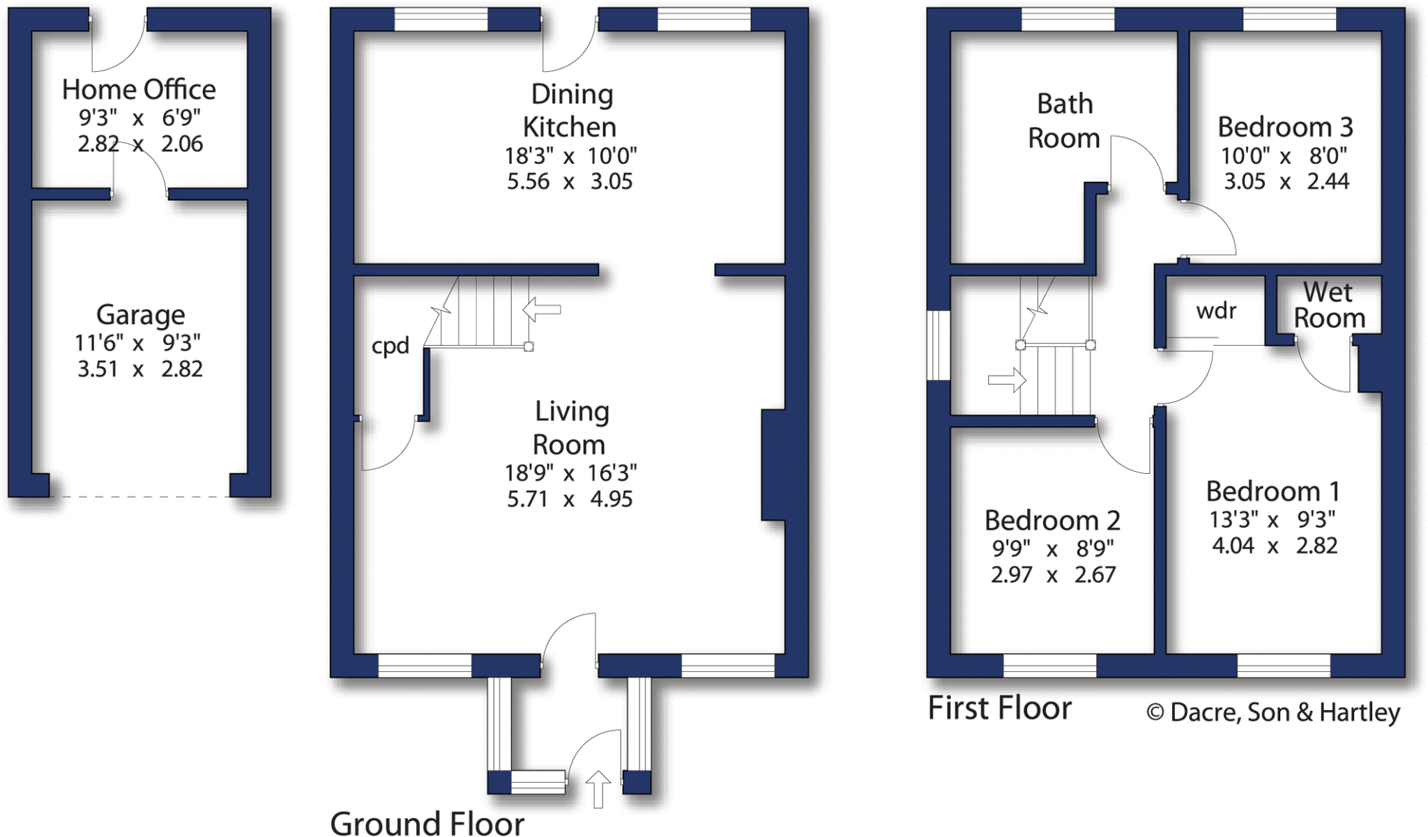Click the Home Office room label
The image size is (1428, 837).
point(139,89)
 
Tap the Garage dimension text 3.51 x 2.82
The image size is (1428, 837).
point(139,369)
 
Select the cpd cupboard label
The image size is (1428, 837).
point(390,346)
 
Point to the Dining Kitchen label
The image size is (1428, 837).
point(570,110)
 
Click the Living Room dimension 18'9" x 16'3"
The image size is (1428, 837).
point(570,473)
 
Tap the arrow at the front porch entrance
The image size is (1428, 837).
point(598,789)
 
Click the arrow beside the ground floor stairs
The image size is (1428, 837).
point(542,309)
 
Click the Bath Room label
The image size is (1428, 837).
point(1064,121)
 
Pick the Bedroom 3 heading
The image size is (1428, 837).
point(1285,127)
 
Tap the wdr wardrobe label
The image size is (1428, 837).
point(1216,310)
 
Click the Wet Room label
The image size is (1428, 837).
point(1329,305)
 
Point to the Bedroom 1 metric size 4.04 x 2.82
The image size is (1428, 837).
point(1274,546)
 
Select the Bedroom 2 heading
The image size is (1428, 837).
point(1051,520)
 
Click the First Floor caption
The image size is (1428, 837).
point(999,708)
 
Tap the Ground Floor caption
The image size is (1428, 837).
point(427,823)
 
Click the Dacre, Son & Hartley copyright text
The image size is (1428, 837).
point(1273,712)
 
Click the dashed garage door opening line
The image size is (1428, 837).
point(139,497)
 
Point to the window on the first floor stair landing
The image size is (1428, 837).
point(939,346)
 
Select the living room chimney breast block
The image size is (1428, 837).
point(773,465)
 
